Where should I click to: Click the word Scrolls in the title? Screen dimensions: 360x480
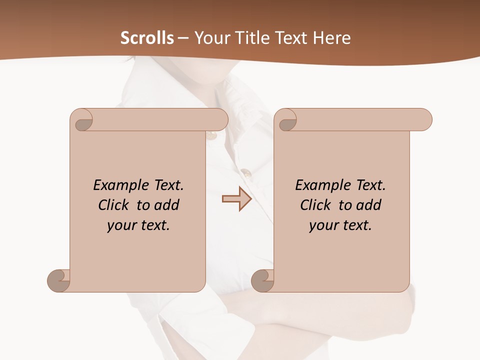coord(147,38)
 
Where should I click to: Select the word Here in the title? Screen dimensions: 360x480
coord(332,38)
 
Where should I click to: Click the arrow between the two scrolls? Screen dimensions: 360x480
coord(236,199)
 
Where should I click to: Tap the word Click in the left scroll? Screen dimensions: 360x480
coord(114,205)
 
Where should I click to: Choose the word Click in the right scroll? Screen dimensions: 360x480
coord(316,205)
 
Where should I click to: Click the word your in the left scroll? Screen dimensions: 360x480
coord(120,226)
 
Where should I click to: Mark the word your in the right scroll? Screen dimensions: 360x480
coord(322,226)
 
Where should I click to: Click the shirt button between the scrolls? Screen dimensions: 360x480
coord(246,173)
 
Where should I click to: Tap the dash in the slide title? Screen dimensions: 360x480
coord(183,38)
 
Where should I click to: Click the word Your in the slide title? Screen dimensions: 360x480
coord(208,38)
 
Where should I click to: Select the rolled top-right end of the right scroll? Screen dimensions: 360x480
coord(423,120)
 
